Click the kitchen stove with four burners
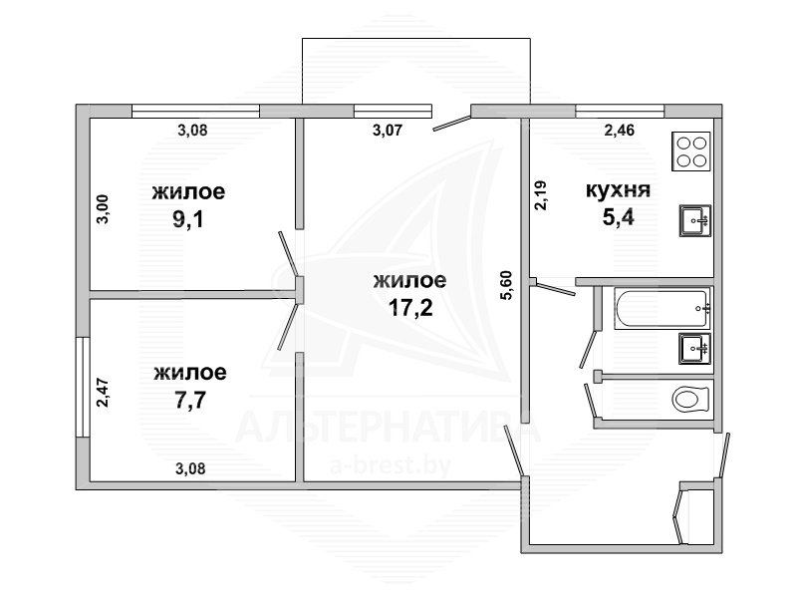(x=690, y=151)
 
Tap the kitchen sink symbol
(x=694, y=220)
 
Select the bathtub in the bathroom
(x=662, y=309)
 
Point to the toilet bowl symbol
(x=690, y=400)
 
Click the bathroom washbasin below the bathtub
(x=694, y=349)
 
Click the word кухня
(x=618, y=190)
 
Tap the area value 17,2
(x=410, y=307)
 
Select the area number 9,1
(x=188, y=219)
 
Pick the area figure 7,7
(x=189, y=401)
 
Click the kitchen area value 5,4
(x=618, y=217)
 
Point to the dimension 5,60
(x=507, y=286)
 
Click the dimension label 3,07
(x=388, y=131)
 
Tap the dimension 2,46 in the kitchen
(x=619, y=131)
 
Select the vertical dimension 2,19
(x=541, y=195)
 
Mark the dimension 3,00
(x=103, y=209)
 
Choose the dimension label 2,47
(x=103, y=392)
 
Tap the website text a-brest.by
(x=391, y=465)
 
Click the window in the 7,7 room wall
(x=83, y=387)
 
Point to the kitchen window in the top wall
(x=620, y=111)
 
